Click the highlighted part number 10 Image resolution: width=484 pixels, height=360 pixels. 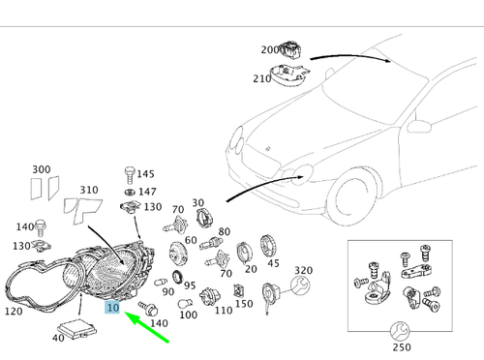(112, 308)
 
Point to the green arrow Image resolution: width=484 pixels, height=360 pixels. (146, 326)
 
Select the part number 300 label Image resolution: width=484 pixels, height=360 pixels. (42, 169)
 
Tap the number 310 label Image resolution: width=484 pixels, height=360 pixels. (89, 190)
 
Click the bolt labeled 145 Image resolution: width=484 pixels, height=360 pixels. (130, 175)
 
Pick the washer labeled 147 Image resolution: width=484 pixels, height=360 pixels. (130, 192)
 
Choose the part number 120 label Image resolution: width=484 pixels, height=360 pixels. (14, 312)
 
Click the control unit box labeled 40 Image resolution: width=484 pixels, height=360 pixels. (77, 328)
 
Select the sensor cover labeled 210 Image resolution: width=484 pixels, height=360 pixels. (289, 75)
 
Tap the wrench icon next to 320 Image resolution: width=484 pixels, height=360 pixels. (300, 285)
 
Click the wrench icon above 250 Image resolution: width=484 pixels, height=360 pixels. (400, 331)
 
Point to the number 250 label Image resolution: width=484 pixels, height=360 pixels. (402, 347)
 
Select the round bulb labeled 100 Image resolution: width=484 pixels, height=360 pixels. (186, 304)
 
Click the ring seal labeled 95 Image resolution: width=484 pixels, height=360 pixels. (177, 278)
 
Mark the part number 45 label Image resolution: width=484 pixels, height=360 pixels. (273, 263)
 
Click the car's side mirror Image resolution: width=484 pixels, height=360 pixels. (419, 126)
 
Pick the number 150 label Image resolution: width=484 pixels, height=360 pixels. (244, 304)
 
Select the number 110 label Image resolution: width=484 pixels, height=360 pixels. (224, 311)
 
